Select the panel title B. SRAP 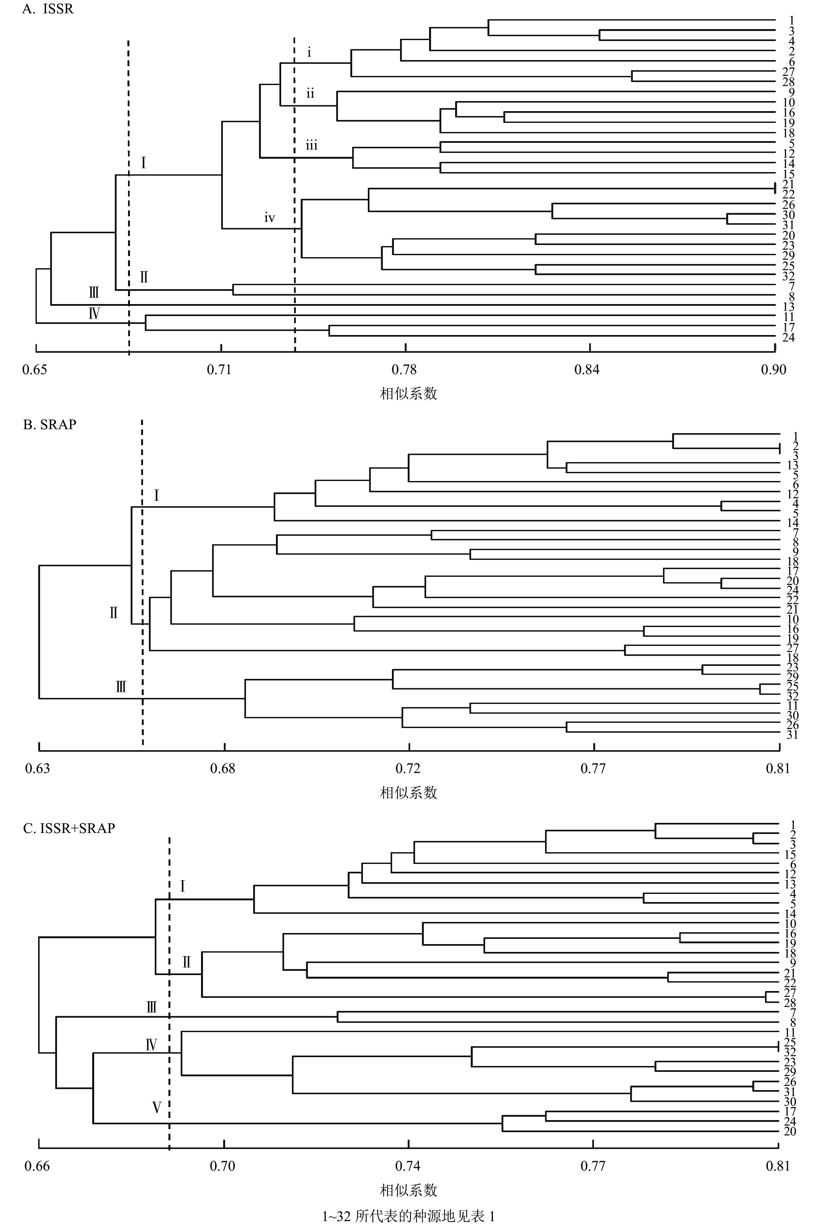click(50, 425)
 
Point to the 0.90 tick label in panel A click(774, 370)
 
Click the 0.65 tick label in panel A click(35, 370)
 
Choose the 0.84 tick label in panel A click(587, 370)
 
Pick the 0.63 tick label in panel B click(38, 769)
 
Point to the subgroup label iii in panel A click(311, 145)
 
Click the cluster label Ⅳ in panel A click(94, 314)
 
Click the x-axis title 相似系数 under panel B click(409, 792)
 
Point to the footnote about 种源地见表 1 click(409, 1216)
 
